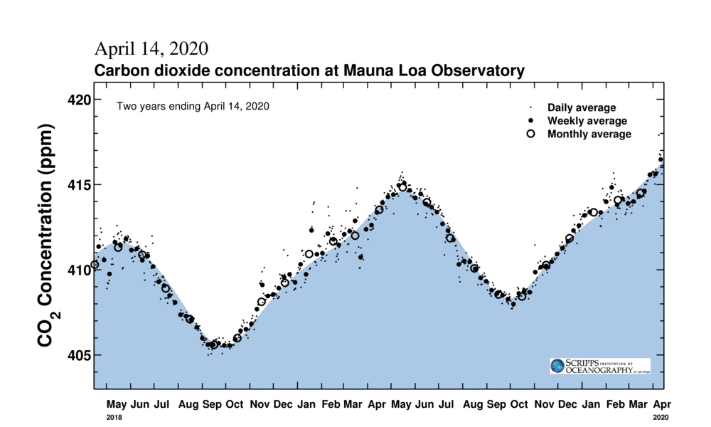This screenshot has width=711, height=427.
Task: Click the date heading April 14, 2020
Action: click(151, 49)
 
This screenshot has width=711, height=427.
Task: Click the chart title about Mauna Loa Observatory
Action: click(309, 71)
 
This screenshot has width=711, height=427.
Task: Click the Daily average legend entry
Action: click(581, 107)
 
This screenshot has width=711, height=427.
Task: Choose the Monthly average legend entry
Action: click(589, 134)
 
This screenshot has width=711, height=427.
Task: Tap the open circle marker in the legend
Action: click(530, 134)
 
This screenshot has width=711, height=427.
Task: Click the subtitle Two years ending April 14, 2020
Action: click(193, 106)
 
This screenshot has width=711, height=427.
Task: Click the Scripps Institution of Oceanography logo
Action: click(599, 366)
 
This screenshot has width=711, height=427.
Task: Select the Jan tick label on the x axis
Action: click(307, 404)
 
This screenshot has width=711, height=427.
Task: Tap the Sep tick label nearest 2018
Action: click(212, 404)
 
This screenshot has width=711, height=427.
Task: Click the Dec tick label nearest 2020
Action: click(567, 404)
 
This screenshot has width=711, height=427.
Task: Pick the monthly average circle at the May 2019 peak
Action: click(402, 187)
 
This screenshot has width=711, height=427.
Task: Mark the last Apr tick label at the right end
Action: click(661, 404)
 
